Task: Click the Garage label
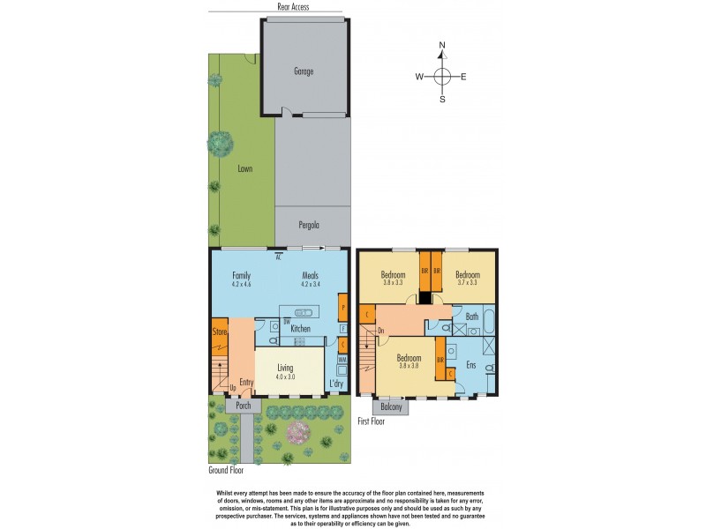(x=304, y=71)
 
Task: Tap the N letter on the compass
(x=443, y=45)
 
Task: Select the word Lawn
(x=244, y=168)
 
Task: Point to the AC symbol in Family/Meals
(x=278, y=257)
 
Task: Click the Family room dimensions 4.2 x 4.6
(x=242, y=284)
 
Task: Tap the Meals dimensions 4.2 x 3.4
(x=310, y=284)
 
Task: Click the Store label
(x=220, y=332)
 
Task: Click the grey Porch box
(x=243, y=406)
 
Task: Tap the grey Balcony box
(x=391, y=407)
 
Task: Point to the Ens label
(x=471, y=364)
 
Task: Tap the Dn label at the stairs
(x=381, y=332)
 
